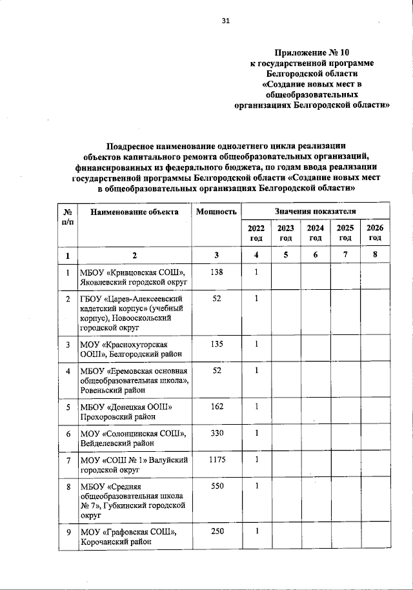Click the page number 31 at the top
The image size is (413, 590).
[226, 21]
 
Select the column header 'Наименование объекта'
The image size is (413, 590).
[134, 212]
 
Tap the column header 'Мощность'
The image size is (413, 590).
[216, 212]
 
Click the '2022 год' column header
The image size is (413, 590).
[256, 232]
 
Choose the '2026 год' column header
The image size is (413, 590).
[375, 232]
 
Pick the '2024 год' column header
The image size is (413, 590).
[316, 232]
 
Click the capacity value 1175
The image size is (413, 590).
[216, 459]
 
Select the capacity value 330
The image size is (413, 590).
[216, 432]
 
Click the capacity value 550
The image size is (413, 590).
[216, 485]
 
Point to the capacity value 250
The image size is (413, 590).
[216, 531]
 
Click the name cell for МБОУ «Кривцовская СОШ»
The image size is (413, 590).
[134, 277]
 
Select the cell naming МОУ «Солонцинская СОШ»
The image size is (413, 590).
[134, 438]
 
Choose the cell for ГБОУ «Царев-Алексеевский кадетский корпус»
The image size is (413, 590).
[134, 313]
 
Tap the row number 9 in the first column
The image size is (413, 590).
[68, 531]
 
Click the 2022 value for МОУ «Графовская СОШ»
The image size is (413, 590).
[256, 531]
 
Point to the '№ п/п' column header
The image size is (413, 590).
[68, 216]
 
